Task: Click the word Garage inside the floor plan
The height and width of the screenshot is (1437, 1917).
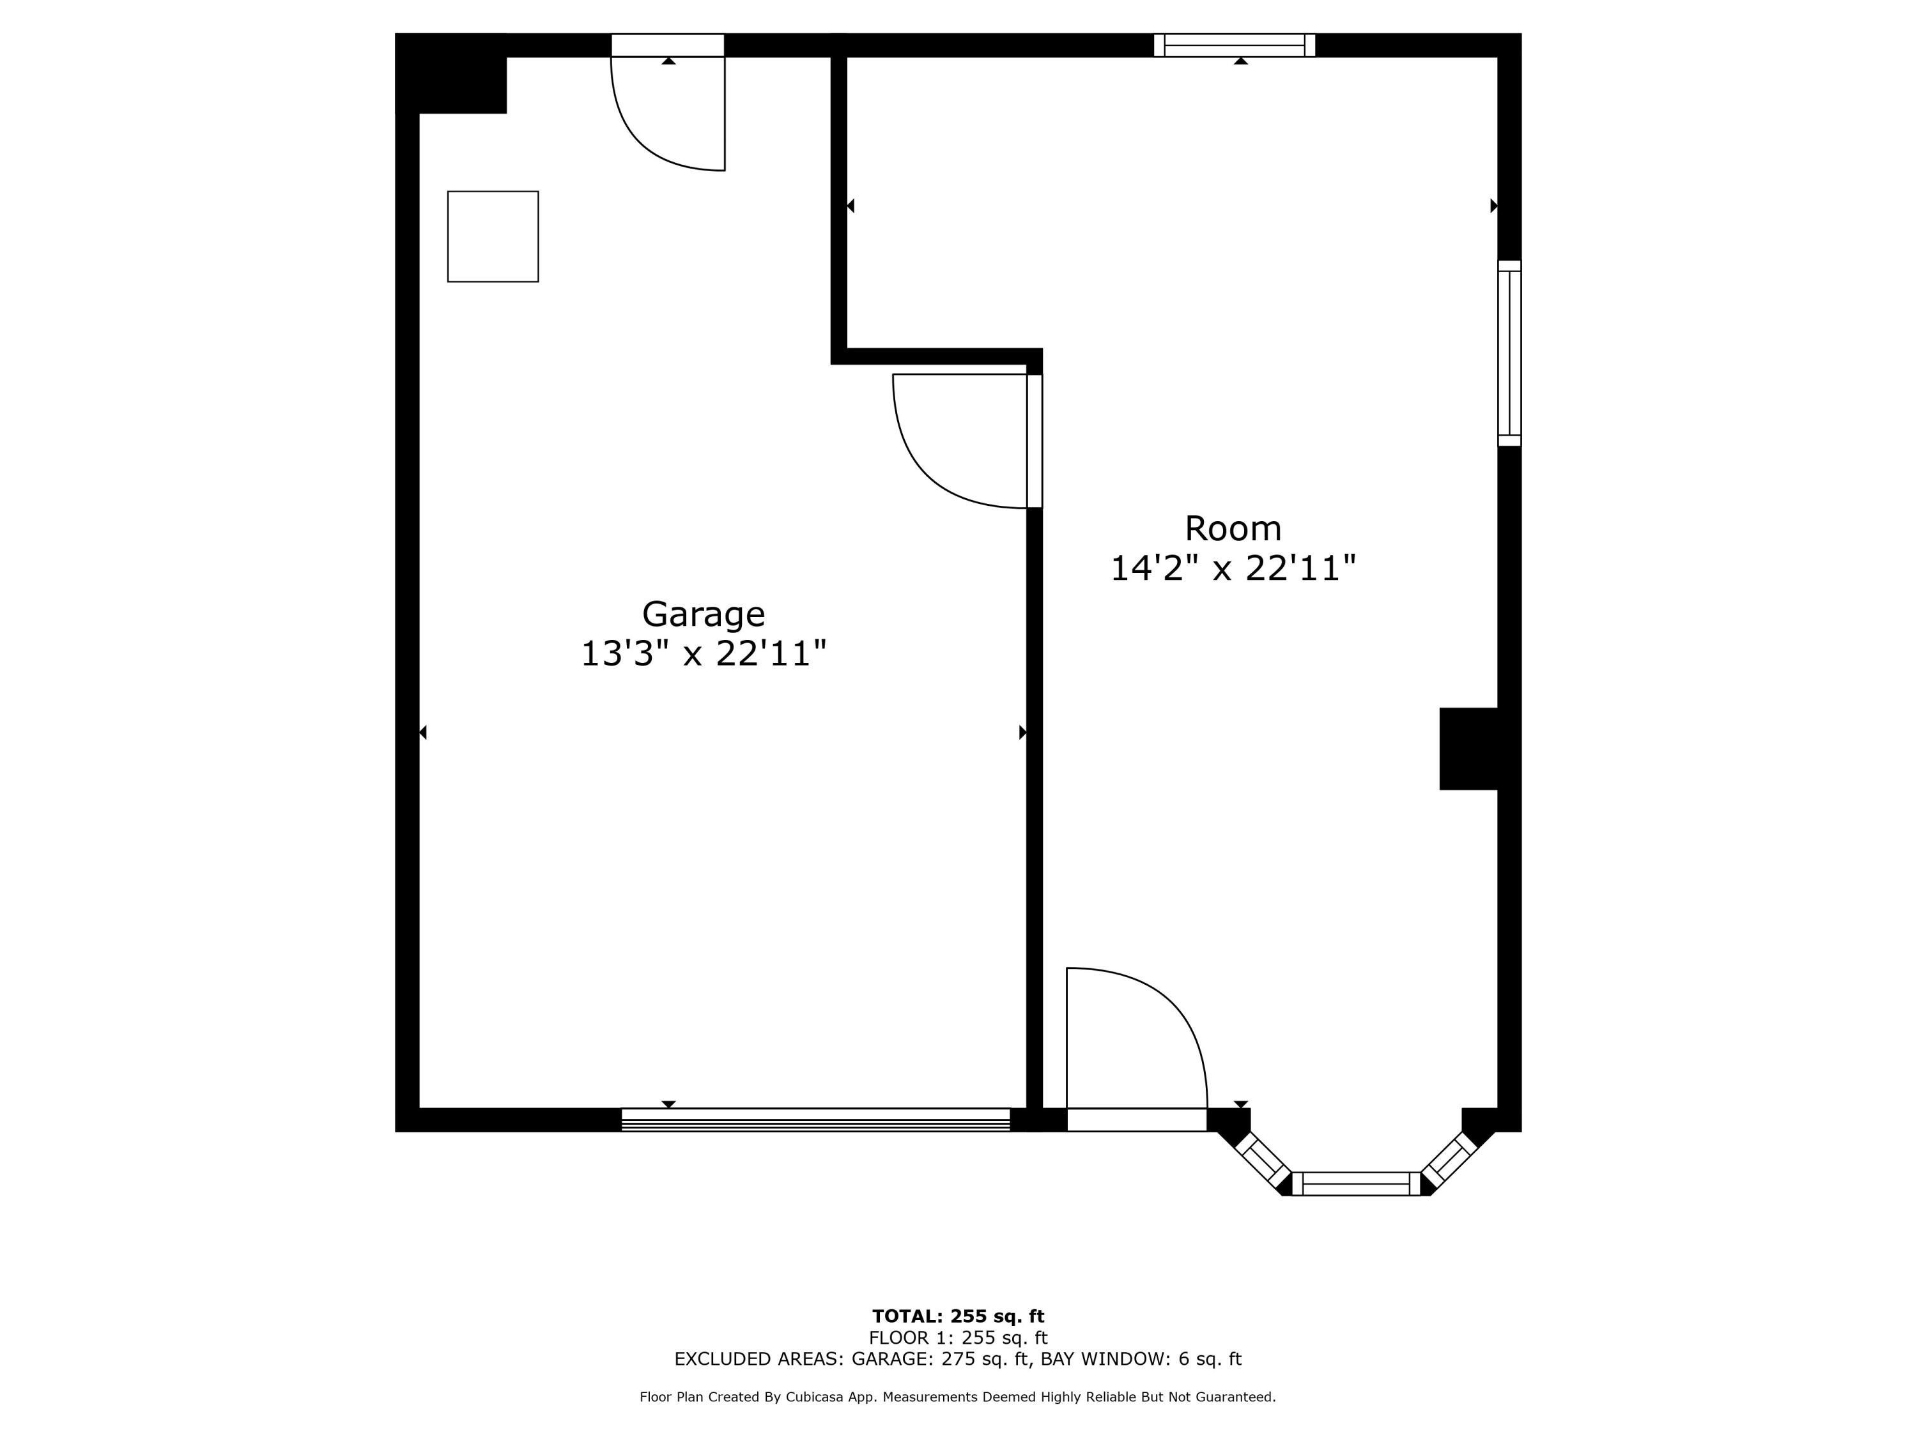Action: (x=703, y=614)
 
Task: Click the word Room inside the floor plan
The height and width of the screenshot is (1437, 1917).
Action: (x=1233, y=528)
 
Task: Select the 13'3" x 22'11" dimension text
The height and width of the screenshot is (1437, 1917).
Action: (x=703, y=653)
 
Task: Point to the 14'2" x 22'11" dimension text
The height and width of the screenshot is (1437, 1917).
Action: (x=1233, y=568)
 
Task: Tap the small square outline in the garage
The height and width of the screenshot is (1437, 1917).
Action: (x=493, y=236)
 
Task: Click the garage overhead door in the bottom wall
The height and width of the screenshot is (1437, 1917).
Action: (x=815, y=1120)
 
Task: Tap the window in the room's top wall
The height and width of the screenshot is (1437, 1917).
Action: (x=1234, y=45)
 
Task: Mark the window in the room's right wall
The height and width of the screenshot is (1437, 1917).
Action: (x=1510, y=353)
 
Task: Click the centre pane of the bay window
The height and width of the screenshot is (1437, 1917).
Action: (x=1357, y=1183)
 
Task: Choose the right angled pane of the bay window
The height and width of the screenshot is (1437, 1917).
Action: (x=1449, y=1160)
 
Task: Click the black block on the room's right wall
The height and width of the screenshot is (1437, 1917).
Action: (x=1469, y=749)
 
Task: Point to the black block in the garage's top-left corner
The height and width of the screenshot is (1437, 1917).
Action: (x=450, y=73)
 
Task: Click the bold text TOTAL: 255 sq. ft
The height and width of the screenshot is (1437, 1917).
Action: (x=958, y=1316)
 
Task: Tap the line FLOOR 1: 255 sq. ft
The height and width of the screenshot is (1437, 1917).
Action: (x=958, y=1338)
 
